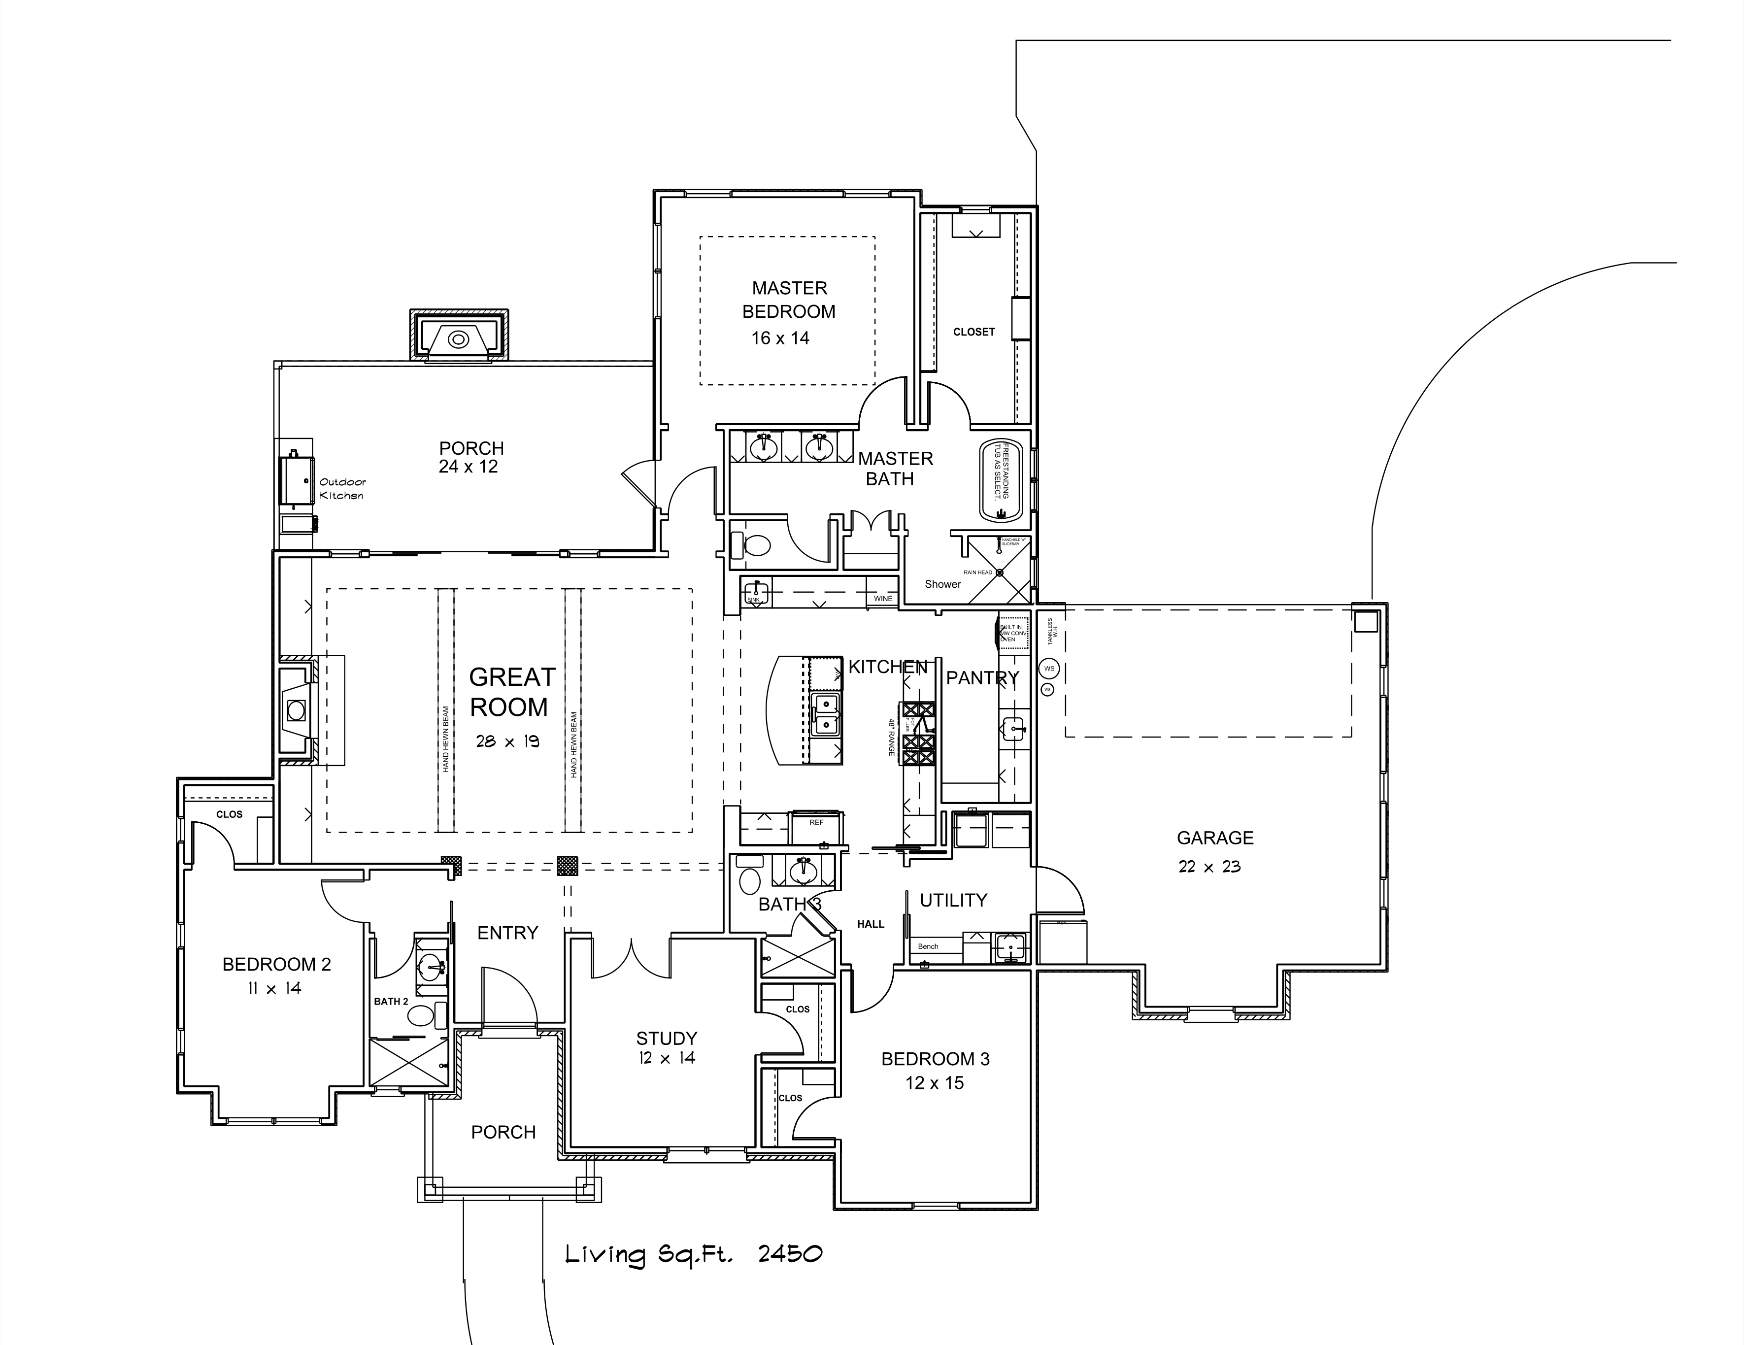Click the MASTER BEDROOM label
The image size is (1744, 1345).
789,300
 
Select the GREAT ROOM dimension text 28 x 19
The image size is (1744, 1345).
508,741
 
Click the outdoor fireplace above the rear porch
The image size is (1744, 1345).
458,338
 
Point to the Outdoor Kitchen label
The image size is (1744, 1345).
342,489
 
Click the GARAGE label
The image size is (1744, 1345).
1214,838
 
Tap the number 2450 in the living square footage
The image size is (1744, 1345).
790,1253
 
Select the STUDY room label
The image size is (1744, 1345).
667,1038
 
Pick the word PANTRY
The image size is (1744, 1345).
982,678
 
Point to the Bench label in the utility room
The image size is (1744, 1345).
928,946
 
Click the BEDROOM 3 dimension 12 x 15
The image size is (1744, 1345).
934,1083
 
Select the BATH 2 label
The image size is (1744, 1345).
391,1002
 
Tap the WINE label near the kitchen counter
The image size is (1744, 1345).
883,598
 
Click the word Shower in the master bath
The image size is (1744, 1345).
942,584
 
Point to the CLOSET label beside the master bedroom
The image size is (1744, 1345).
973,332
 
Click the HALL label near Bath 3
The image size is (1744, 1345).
871,924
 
